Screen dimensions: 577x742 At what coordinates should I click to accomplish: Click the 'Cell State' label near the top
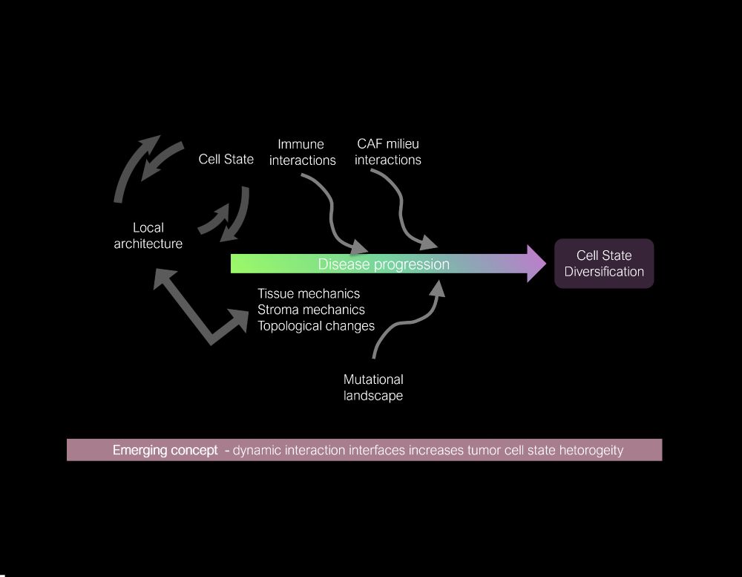tap(226, 159)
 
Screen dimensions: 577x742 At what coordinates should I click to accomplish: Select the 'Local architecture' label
tap(148, 235)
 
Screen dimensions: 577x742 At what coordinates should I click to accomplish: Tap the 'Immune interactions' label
tap(302, 151)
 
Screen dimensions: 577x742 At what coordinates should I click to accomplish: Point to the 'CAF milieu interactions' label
tap(387, 151)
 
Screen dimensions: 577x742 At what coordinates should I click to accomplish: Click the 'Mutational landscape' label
tap(373, 387)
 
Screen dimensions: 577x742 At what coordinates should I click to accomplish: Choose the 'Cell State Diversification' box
tap(604, 263)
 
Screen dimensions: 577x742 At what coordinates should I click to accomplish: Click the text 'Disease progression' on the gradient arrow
tap(384, 264)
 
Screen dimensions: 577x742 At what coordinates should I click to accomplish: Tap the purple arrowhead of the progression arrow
tap(536, 263)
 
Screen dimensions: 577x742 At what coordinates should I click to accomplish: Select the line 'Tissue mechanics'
tap(308, 293)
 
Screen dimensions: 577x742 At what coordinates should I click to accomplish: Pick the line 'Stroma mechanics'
tap(311, 309)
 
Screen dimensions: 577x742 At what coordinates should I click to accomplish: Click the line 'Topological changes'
tap(315, 325)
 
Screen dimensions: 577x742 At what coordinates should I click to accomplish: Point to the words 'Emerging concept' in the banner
tap(165, 450)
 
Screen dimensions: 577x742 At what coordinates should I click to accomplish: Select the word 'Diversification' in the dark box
tap(604, 271)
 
